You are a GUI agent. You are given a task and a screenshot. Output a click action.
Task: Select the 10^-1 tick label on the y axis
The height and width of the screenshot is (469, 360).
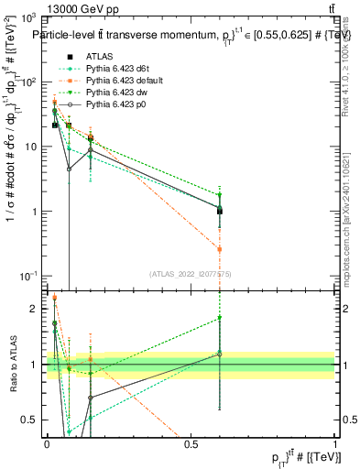27,276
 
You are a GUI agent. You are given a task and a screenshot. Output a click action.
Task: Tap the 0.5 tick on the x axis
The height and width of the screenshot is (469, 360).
191,442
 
